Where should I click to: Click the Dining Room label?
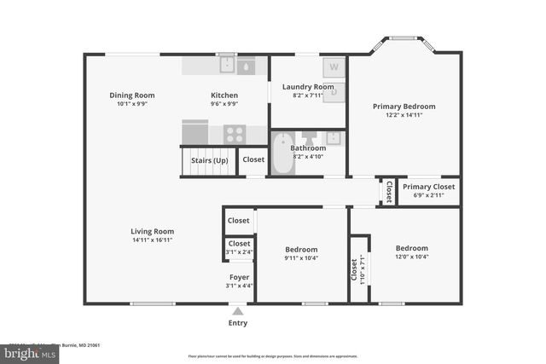tap(131, 95)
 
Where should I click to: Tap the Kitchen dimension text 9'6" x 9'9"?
tap(224, 104)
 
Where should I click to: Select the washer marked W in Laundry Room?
tap(334, 66)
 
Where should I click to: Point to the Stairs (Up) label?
tap(209, 160)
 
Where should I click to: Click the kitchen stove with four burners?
tap(235, 133)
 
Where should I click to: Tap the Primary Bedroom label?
tap(404, 107)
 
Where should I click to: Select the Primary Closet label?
tap(428, 187)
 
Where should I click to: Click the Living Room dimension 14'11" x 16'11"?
tap(152, 240)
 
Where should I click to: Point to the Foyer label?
tap(239, 277)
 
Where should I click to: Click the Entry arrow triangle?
tap(237, 311)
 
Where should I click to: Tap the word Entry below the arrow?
tap(238, 323)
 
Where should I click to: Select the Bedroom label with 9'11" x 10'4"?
tap(301, 250)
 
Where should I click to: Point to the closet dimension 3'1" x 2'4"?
tap(239, 251)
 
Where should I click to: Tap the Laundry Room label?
tap(313, 87)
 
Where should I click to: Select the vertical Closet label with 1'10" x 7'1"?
tap(354, 269)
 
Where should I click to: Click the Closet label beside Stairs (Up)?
tap(253, 160)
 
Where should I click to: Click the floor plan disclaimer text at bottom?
tap(272, 355)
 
